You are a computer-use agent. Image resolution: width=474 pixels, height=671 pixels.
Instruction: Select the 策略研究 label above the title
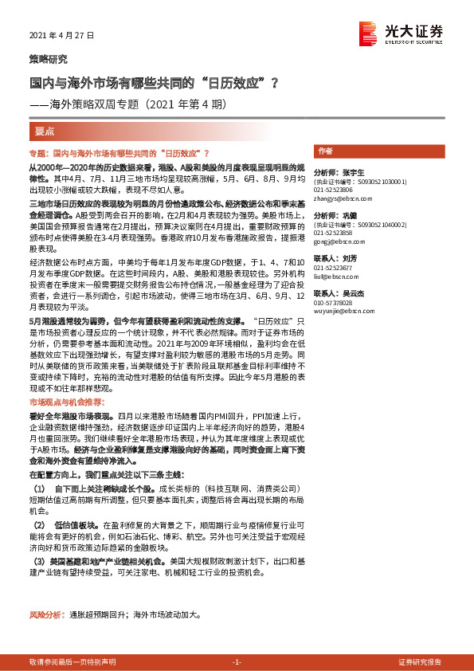click(x=48, y=59)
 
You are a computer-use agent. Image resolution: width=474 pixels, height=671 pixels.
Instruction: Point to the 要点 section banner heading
click(x=46, y=131)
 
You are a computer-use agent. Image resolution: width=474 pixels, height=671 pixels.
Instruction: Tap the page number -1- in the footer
click(x=237, y=661)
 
